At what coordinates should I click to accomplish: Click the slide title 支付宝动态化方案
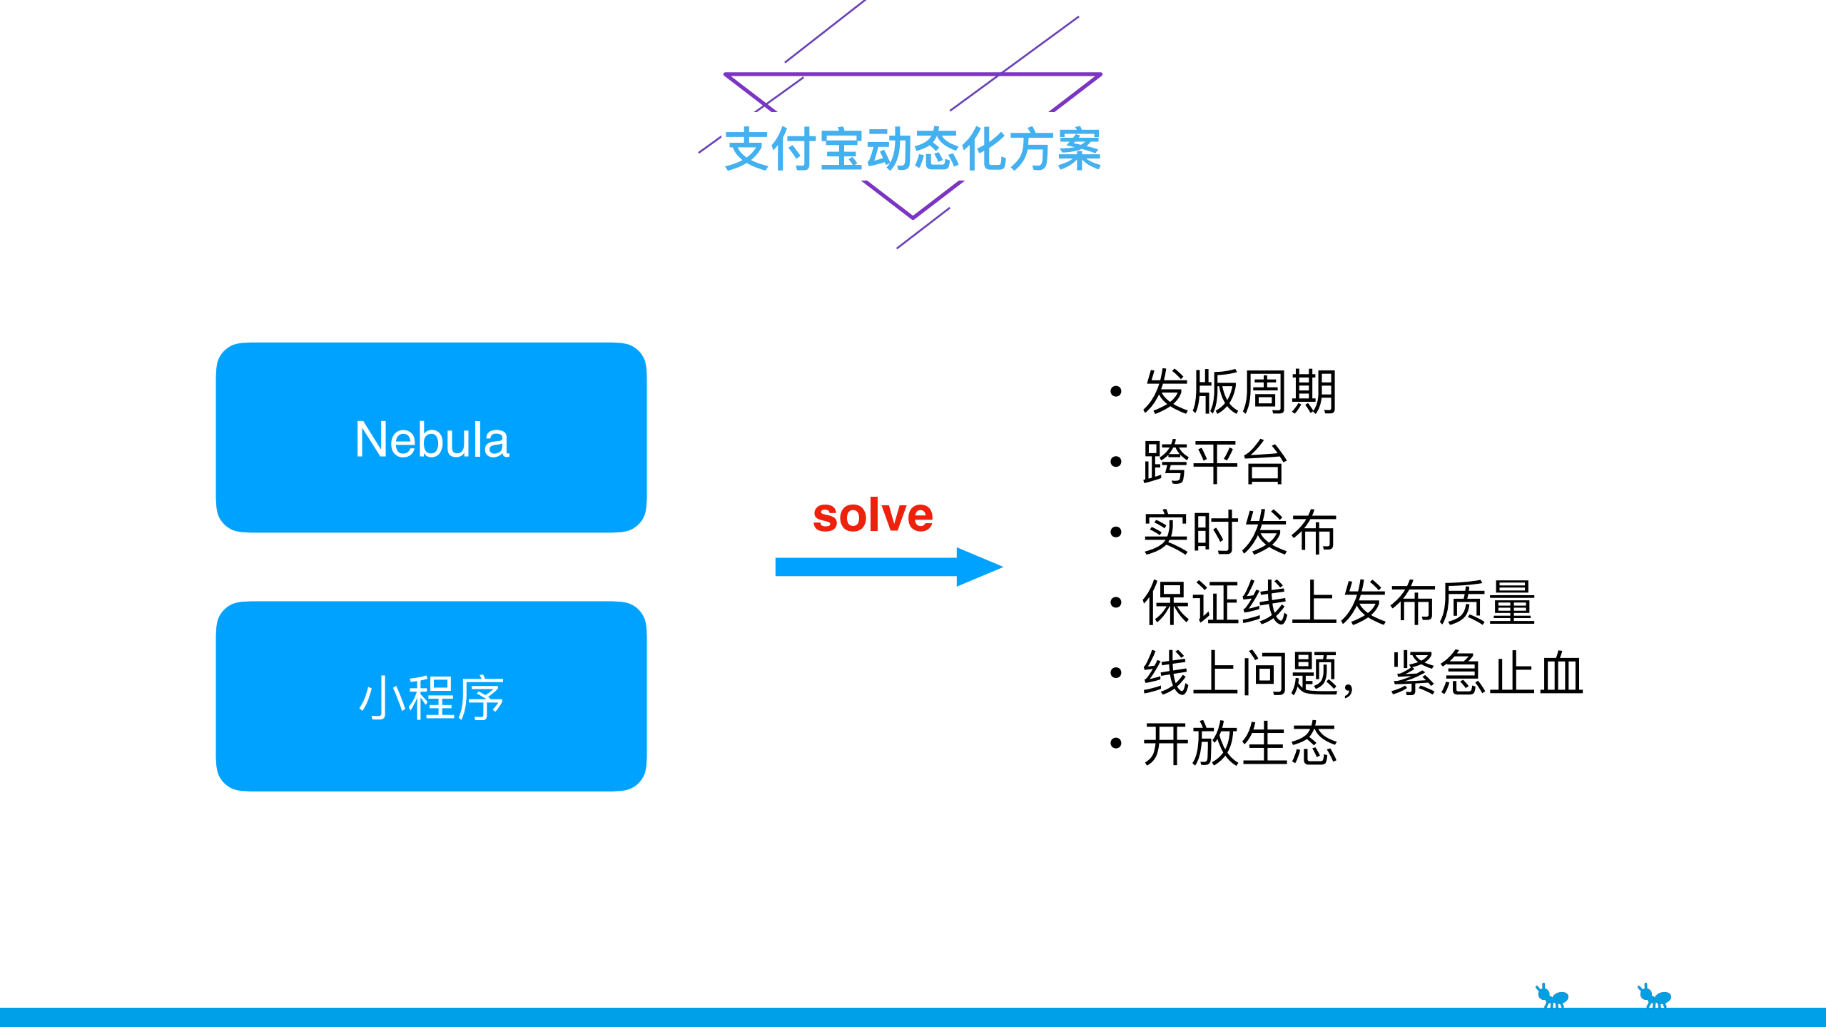(913, 150)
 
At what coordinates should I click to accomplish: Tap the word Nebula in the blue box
(432, 440)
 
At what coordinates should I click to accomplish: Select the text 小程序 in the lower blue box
(432, 698)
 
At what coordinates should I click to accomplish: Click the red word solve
(873, 515)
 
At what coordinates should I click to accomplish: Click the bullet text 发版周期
(1239, 392)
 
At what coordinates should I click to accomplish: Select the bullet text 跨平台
(1214, 462)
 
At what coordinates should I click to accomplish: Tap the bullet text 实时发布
(1239, 532)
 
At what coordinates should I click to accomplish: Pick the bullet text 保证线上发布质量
(1338, 603)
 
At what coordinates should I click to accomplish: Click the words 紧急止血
(1487, 674)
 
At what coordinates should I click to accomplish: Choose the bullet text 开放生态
(1239, 744)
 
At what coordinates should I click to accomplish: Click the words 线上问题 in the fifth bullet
(1240, 674)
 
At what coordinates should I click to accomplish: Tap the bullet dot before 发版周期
(1116, 391)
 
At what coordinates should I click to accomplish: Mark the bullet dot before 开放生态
(1116, 744)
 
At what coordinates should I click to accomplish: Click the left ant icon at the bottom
(1552, 996)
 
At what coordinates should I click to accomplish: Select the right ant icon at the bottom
(1654, 996)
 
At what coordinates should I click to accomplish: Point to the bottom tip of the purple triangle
(913, 217)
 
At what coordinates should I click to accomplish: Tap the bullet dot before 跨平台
(1116, 462)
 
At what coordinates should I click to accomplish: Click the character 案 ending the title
(1079, 150)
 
